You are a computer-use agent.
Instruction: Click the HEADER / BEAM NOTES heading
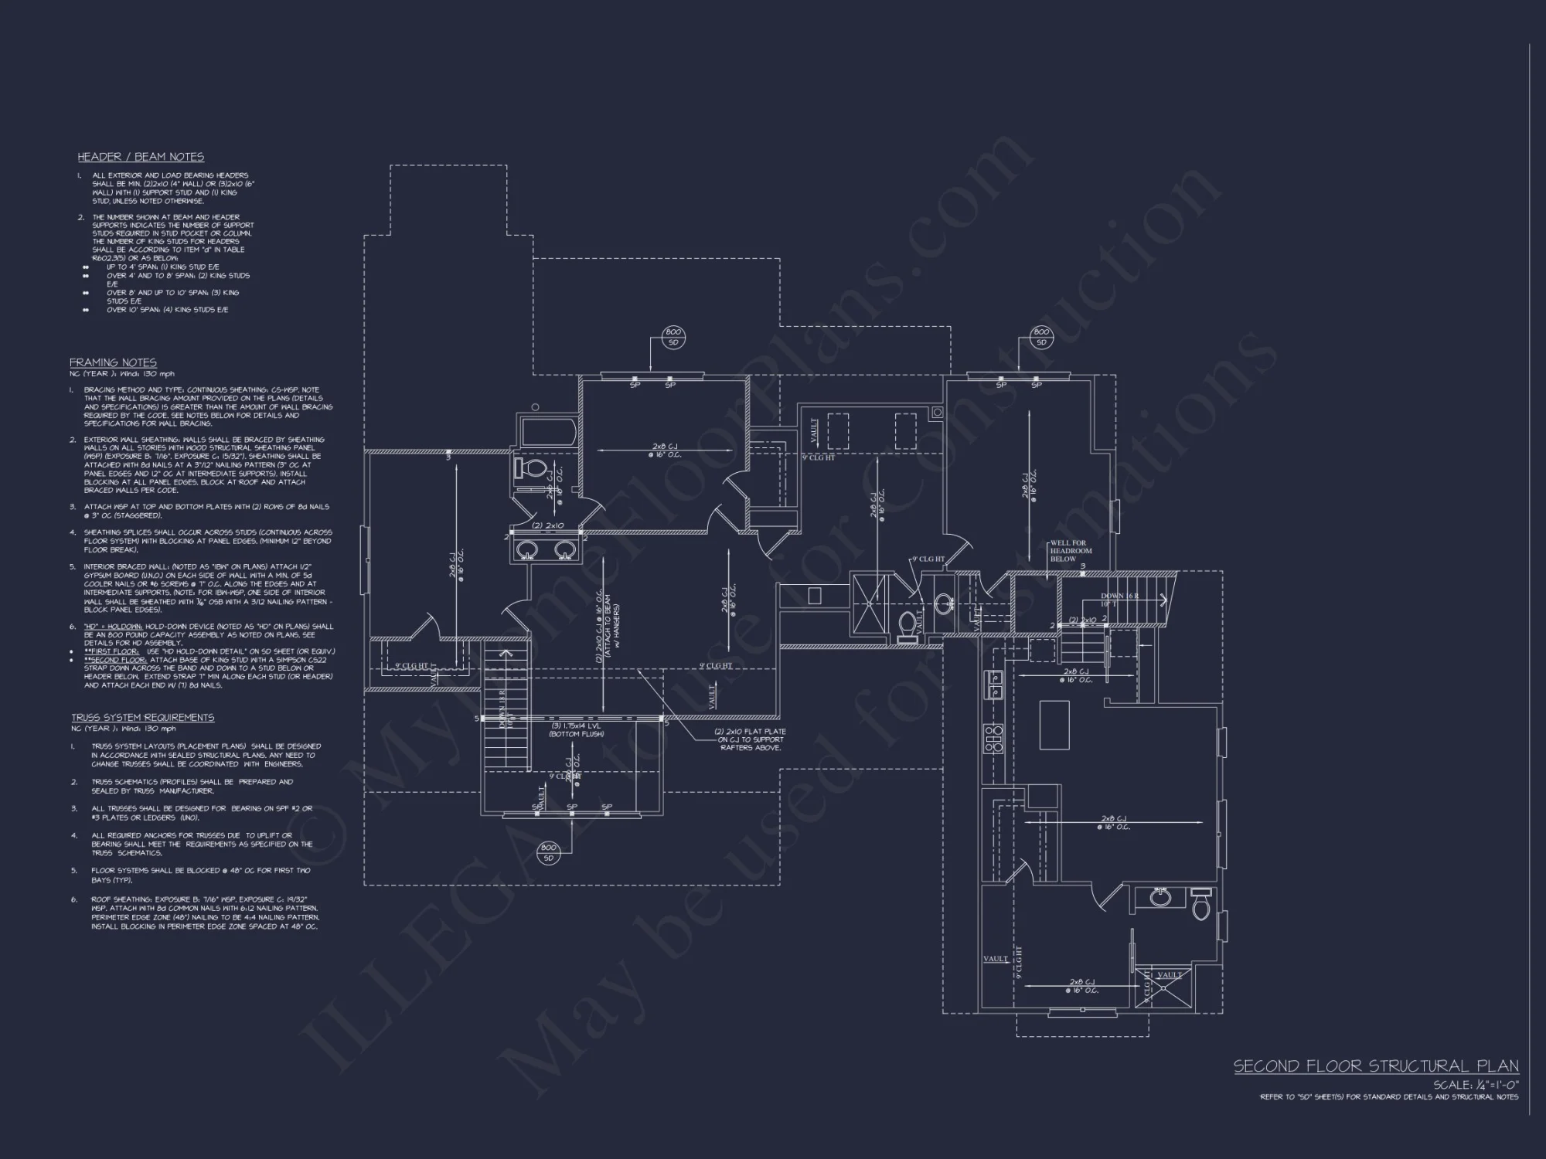pos(141,157)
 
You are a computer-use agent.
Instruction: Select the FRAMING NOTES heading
pos(113,362)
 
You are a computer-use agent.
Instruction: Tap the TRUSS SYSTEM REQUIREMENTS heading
pos(143,717)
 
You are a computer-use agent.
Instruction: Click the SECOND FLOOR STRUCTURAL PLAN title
pos(1376,1066)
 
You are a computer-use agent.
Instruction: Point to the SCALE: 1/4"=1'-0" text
pos(1476,1085)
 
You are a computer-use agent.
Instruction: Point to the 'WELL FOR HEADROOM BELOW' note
pos(1071,551)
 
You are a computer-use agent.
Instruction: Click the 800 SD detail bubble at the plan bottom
pos(548,852)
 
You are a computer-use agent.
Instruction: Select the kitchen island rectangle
pos(1054,724)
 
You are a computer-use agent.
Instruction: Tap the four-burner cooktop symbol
pos(993,739)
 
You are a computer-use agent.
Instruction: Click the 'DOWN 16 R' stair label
pos(1113,596)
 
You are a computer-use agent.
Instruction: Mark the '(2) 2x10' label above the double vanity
pos(549,525)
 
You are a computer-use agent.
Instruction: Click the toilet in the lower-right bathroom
pos(1200,905)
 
